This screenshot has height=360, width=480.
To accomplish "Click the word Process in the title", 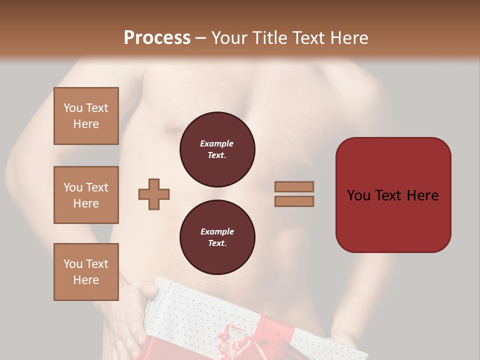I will click(x=157, y=38).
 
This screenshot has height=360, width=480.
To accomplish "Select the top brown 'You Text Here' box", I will click(x=86, y=116).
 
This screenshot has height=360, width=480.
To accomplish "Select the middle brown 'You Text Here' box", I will click(x=86, y=195).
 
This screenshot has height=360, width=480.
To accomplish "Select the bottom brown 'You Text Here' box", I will click(x=86, y=272).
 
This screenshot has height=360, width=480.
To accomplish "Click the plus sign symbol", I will click(x=154, y=194).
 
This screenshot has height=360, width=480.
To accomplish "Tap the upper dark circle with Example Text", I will click(x=217, y=149).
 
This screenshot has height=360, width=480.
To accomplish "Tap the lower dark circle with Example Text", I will click(x=217, y=237).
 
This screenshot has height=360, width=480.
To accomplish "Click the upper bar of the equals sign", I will click(x=294, y=187).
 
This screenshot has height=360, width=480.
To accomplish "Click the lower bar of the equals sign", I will click(x=294, y=201).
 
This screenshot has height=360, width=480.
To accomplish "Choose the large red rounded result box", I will click(x=393, y=195).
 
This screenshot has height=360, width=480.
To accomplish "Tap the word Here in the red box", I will click(x=422, y=195).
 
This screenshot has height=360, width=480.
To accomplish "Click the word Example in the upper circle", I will click(x=217, y=143).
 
